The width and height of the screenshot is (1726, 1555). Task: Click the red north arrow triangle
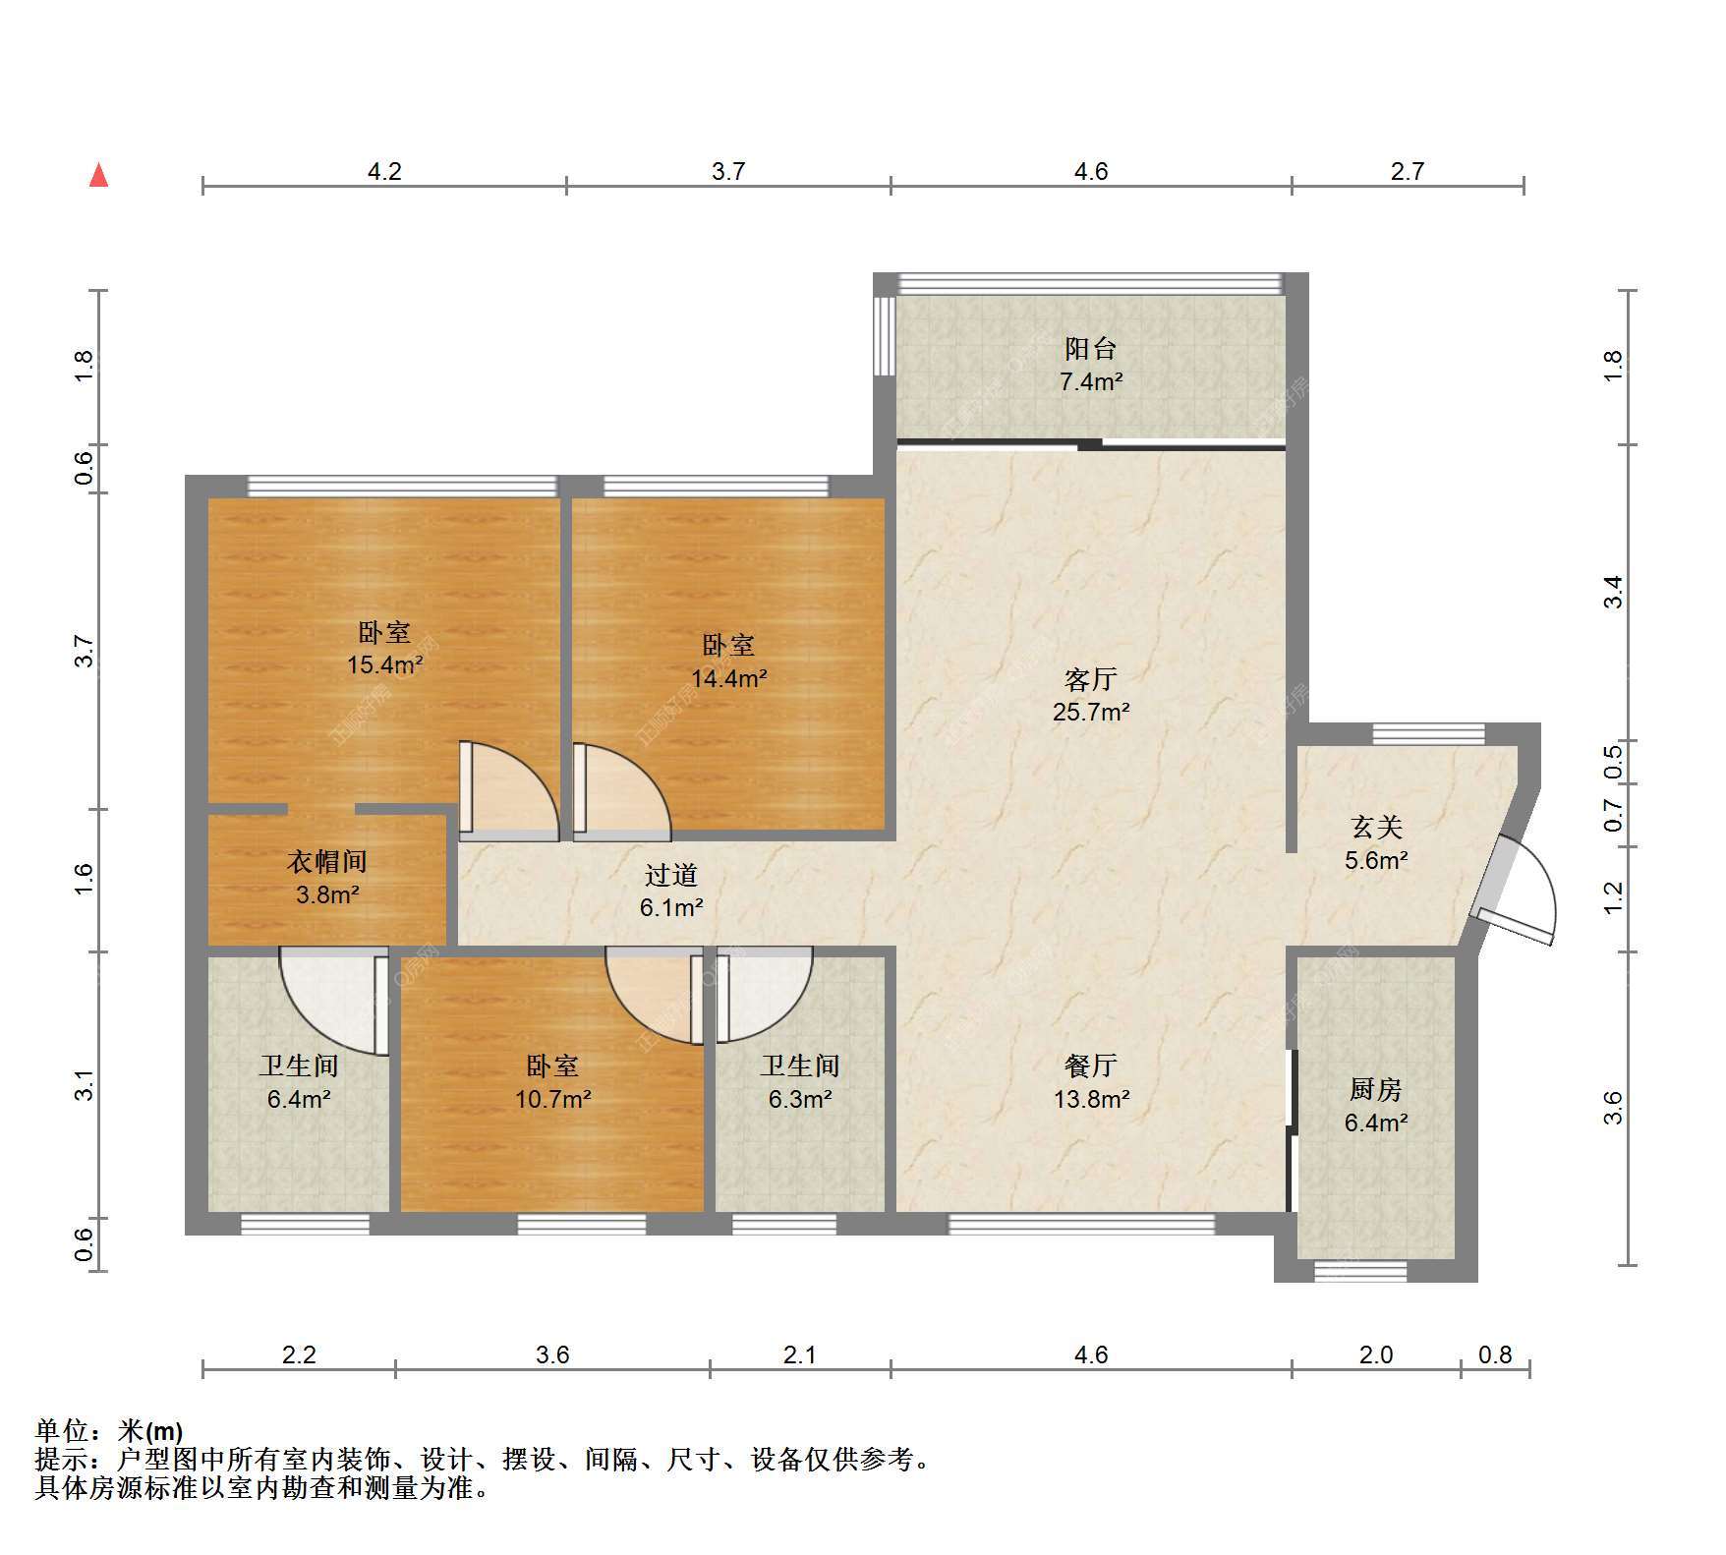pyautogui.click(x=98, y=175)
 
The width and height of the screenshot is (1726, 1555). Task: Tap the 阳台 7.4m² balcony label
pyautogui.click(x=1090, y=365)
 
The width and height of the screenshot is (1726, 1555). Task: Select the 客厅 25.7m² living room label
pyautogui.click(x=1090, y=695)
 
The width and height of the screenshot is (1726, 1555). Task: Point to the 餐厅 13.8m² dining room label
pyautogui.click(x=1090, y=1081)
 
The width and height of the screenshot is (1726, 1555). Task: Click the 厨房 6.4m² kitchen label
pyautogui.click(x=1375, y=1105)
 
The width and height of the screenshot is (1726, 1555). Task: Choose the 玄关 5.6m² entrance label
pyautogui.click(x=1376, y=843)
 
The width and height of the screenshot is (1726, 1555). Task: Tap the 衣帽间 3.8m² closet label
pyautogui.click(x=326, y=878)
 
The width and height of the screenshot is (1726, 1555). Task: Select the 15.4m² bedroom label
pyautogui.click(x=383, y=648)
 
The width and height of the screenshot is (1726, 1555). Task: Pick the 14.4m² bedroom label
pyautogui.click(x=728, y=662)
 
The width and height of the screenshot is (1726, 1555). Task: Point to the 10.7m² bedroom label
pyautogui.click(x=552, y=1081)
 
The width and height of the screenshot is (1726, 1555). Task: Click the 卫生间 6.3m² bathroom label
pyautogui.click(x=800, y=1081)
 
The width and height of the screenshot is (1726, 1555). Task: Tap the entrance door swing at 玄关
pyautogui.click(x=1519, y=888)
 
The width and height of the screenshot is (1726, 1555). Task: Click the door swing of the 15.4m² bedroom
pyautogui.click(x=509, y=791)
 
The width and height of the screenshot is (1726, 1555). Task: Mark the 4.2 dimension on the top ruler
pyautogui.click(x=384, y=171)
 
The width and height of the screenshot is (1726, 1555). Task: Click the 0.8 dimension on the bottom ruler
pyautogui.click(x=1495, y=1354)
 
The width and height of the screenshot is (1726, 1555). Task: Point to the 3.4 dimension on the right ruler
pyautogui.click(x=1613, y=592)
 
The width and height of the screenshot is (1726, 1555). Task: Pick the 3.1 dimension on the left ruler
pyautogui.click(x=85, y=1084)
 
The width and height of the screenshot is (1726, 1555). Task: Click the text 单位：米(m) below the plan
pyautogui.click(x=109, y=1431)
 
